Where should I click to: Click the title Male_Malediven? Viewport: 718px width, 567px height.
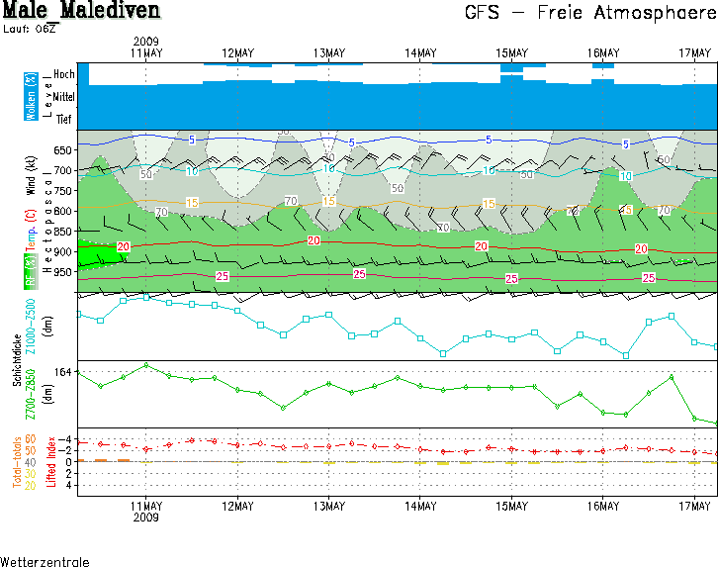pos(80,11)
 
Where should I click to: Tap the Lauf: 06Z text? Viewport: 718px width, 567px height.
pos(29,29)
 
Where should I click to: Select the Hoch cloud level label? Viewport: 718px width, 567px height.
pos(63,74)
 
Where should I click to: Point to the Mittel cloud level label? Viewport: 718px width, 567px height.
pos(63,97)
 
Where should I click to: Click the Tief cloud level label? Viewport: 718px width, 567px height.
pos(63,119)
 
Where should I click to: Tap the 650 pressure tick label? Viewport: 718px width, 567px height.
pos(63,150)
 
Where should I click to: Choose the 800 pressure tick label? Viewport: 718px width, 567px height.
pos(63,211)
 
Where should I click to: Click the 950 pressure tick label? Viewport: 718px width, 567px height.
pos(63,272)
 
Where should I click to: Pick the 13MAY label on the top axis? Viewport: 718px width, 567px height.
pos(328,52)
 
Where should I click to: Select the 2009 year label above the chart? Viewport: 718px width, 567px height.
pos(145,41)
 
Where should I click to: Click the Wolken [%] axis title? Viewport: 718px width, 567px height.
pos(31,96)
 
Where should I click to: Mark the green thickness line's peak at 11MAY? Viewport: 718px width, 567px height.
pos(146,365)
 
